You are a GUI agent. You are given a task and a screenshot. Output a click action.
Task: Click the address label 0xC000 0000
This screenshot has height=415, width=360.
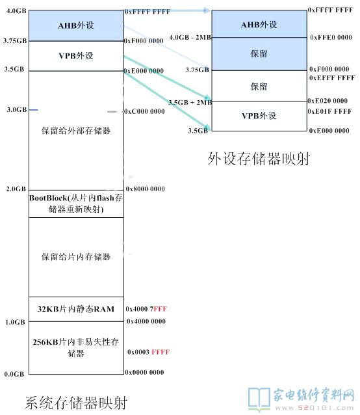click(144, 111)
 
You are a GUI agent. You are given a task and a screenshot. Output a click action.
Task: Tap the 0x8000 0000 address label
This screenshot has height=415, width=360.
click(145, 189)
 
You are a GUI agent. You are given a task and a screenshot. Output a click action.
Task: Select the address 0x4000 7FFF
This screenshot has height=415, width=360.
click(146, 309)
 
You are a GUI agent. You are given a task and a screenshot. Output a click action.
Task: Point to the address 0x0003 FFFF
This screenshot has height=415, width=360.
click(148, 352)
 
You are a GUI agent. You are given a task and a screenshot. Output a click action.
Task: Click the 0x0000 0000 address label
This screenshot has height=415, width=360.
click(144, 372)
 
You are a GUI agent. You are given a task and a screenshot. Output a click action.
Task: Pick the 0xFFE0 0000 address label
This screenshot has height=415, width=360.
click(331, 37)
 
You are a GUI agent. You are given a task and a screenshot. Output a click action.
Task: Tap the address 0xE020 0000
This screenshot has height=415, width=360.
click(328, 101)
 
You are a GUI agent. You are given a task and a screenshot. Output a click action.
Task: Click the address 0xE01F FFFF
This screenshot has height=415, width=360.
click(329, 111)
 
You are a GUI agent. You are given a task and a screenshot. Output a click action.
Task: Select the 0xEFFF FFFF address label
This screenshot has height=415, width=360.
click(332, 78)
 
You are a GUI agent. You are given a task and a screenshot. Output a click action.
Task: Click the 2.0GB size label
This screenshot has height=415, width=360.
click(16, 189)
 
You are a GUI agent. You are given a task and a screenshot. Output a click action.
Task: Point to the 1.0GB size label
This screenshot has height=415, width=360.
click(15, 322)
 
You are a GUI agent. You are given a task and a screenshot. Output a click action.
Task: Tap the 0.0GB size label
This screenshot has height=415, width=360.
click(14, 374)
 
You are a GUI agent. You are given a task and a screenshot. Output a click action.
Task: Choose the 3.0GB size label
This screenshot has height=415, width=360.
click(17, 109)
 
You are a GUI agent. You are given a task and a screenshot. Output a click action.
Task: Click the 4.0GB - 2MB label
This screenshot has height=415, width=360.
click(190, 37)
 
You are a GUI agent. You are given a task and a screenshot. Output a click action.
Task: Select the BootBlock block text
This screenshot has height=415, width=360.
click(76, 204)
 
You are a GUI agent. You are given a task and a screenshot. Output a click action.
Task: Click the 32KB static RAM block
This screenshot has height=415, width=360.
click(76, 309)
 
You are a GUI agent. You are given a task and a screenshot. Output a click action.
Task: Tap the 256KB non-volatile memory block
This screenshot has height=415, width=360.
click(76, 348)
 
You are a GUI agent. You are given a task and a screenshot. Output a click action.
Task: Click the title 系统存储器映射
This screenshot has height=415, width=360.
click(76, 403)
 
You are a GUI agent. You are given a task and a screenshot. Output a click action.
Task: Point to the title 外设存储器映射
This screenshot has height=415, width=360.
click(259, 159)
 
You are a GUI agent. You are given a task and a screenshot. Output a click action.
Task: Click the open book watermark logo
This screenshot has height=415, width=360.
click(259, 398)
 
